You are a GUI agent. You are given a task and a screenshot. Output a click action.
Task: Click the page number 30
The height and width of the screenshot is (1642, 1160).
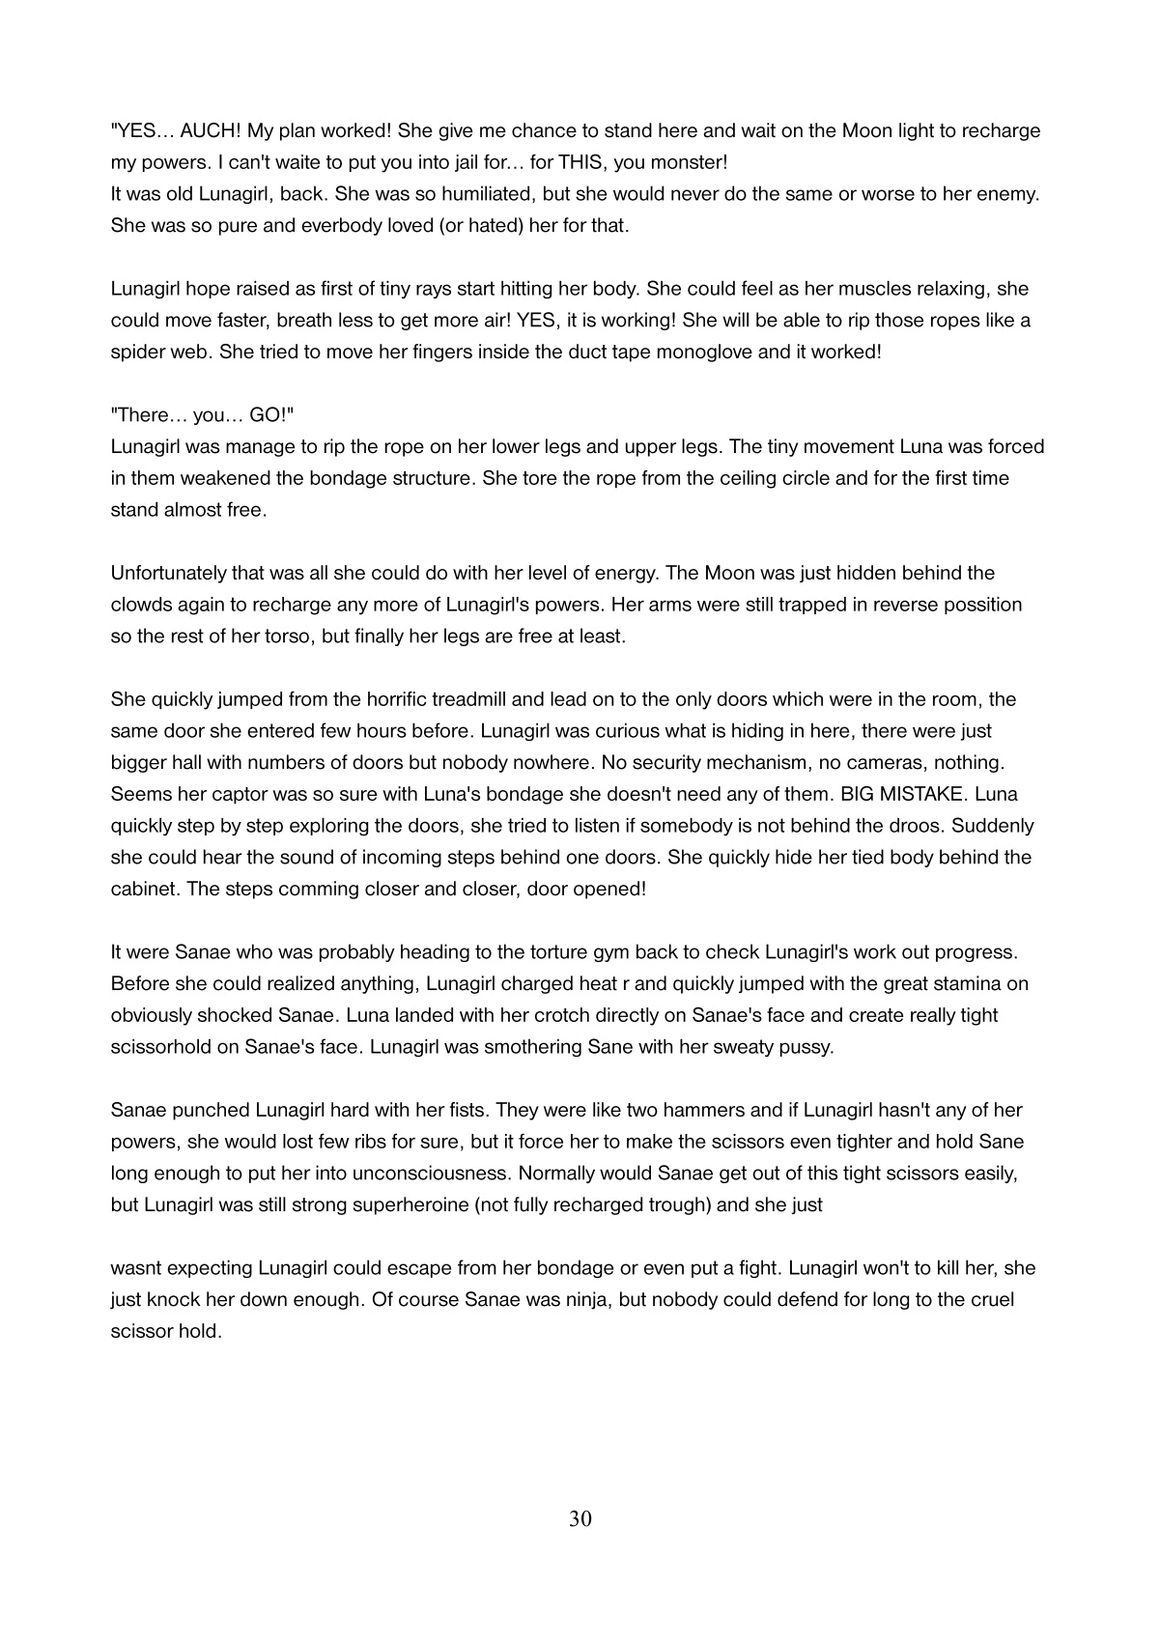tap(580, 1519)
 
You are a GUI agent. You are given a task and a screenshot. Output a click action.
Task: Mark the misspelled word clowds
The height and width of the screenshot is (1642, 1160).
tap(142, 605)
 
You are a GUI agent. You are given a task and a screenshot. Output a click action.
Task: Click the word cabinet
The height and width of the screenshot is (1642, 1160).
tap(143, 889)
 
